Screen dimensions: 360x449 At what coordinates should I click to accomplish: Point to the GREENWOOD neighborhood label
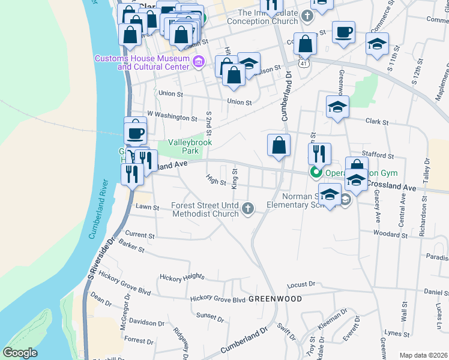tap(274, 298)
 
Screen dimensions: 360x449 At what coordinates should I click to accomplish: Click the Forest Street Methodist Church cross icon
tap(247, 209)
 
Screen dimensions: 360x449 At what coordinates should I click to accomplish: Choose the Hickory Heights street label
tap(182, 277)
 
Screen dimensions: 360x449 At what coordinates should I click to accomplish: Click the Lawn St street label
tap(146, 208)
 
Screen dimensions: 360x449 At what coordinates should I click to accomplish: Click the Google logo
tap(20, 353)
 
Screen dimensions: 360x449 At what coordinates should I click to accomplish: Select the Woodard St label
tap(386, 232)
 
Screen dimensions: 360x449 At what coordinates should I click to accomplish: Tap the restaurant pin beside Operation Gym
tap(319, 154)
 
